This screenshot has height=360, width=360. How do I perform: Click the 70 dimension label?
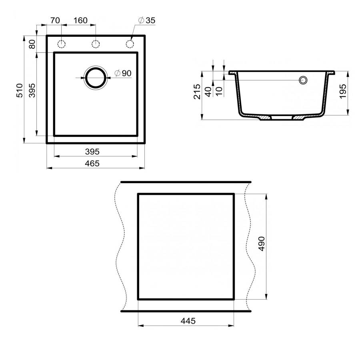[55, 20]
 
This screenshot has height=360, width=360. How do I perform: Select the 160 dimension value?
[80, 20]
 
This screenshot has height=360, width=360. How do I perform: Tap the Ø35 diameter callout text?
[146, 20]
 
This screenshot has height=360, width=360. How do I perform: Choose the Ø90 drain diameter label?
[122, 73]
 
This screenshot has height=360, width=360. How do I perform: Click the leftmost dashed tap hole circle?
[61, 43]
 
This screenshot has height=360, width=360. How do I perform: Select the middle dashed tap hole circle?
[96, 43]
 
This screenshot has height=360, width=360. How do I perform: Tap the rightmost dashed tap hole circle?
[130, 43]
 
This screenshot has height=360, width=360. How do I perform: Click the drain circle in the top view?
[96, 77]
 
